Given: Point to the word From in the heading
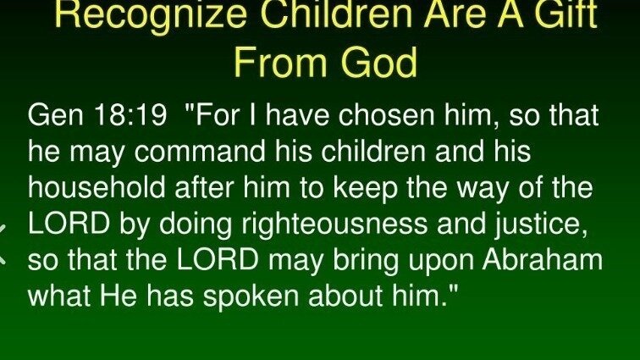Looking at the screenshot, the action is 281,61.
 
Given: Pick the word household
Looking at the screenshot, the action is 97,187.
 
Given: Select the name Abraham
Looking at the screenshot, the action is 543,259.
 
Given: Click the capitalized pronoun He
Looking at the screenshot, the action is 119,296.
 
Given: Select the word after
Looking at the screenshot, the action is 205,187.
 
